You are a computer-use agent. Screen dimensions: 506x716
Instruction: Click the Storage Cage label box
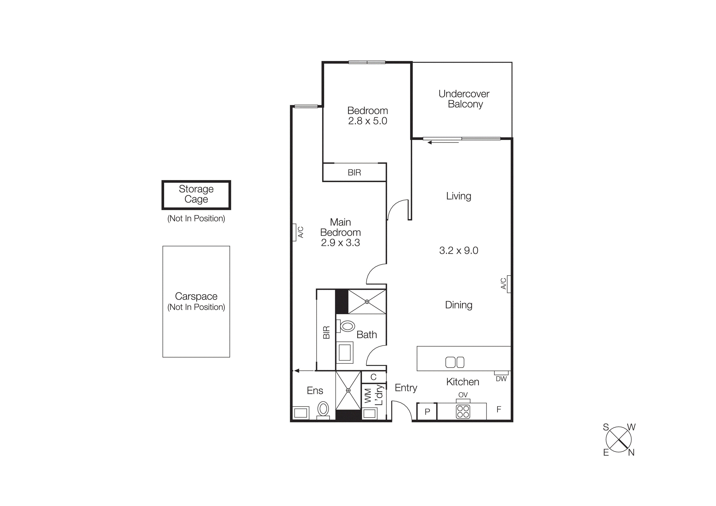pyautogui.click(x=196, y=195)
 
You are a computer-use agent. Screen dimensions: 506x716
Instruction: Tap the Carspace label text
pyautogui.click(x=196, y=296)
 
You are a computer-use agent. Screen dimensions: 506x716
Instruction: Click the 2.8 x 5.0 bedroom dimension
pyautogui.click(x=368, y=121)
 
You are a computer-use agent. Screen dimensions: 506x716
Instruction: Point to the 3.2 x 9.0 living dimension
pyautogui.click(x=458, y=250)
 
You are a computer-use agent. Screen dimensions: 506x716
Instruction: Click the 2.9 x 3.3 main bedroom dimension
pyautogui.click(x=340, y=242)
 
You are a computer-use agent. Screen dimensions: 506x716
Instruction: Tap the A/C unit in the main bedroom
pyautogui.click(x=294, y=232)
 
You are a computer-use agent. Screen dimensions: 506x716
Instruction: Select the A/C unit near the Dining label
pyautogui.click(x=509, y=284)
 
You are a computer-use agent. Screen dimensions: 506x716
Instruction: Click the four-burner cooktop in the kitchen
pyautogui.click(x=463, y=411)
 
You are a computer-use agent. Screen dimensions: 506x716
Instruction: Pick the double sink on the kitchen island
pyautogui.click(x=455, y=362)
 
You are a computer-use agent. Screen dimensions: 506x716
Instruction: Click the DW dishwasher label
pyautogui.click(x=501, y=379)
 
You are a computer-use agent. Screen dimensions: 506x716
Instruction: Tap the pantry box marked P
pyautogui.click(x=427, y=411)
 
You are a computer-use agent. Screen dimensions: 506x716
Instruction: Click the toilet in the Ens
pyautogui.click(x=323, y=409)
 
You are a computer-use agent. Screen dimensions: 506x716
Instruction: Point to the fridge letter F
pyautogui.click(x=499, y=409)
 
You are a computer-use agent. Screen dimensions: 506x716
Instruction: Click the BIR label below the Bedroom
pyautogui.click(x=354, y=172)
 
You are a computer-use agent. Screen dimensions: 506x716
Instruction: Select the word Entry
pyautogui.click(x=406, y=388)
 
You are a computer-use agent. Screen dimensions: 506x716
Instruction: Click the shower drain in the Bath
pyautogui.click(x=367, y=301)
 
